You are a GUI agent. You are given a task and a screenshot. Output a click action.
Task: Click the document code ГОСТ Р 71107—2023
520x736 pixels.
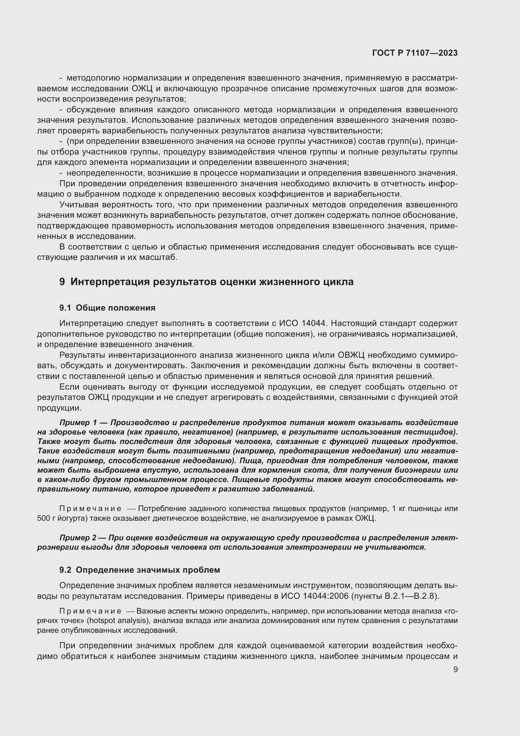[x=415, y=53]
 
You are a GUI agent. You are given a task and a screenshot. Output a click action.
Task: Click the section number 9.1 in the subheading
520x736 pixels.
[x=65, y=308]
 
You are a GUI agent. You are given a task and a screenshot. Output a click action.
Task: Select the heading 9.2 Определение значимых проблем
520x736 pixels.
[x=140, y=570]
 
